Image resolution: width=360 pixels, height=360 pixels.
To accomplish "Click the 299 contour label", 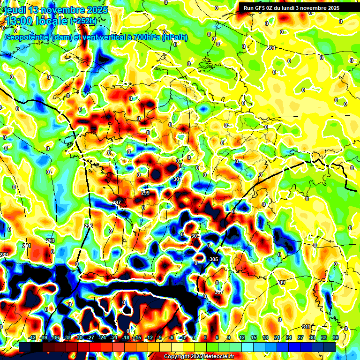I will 145,193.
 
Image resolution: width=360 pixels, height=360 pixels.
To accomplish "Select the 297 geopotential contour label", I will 117,202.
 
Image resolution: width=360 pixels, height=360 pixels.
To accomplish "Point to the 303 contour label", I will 195,236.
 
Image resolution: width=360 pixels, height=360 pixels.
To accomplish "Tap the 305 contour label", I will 214,259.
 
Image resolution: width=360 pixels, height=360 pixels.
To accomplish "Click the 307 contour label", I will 218,292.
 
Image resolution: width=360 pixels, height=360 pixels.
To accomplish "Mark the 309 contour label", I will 281,283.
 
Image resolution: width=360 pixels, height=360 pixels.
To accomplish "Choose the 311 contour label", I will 306,326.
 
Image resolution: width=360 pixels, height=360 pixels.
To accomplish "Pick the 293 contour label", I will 50,240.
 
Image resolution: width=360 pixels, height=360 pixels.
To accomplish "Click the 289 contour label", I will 4,255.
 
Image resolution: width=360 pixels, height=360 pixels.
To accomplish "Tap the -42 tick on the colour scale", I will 32,337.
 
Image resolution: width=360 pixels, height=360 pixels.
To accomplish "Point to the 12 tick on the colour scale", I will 241,337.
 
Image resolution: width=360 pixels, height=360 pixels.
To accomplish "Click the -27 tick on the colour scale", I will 90,337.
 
